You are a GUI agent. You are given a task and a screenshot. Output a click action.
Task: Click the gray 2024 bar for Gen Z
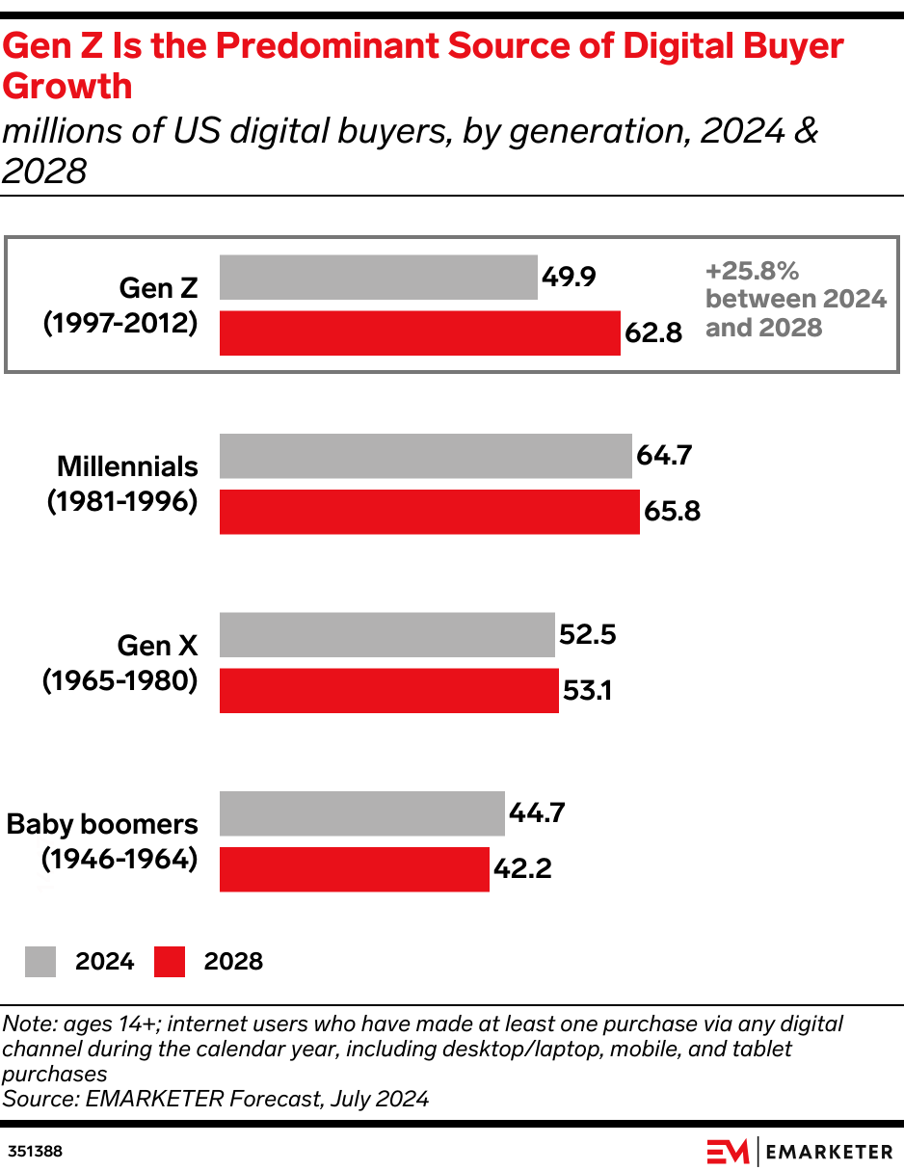pyautogui.click(x=378, y=278)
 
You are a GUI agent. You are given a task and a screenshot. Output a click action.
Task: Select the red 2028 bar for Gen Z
pyautogui.click(x=419, y=333)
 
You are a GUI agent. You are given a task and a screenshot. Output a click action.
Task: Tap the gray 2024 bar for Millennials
pyautogui.click(x=425, y=456)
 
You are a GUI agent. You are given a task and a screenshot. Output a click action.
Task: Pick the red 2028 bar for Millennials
pyautogui.click(x=429, y=512)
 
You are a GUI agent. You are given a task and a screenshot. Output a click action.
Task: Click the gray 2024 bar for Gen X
pyautogui.click(x=386, y=635)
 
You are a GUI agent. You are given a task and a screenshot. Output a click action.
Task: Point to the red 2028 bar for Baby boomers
pyautogui.click(x=354, y=869)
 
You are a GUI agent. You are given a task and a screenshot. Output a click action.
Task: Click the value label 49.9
pyautogui.click(x=569, y=278)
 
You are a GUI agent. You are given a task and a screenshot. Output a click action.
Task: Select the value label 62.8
pyautogui.click(x=653, y=334)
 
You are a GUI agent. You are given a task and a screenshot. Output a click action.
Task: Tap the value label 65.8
pyautogui.click(x=672, y=512)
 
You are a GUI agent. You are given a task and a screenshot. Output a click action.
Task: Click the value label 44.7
pyautogui.click(x=536, y=813)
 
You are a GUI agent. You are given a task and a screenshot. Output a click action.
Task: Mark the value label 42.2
pyautogui.click(x=521, y=869)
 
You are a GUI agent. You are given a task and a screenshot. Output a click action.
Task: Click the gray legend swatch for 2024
pyautogui.click(x=40, y=961)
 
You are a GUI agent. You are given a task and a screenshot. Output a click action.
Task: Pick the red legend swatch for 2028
pyautogui.click(x=170, y=961)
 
